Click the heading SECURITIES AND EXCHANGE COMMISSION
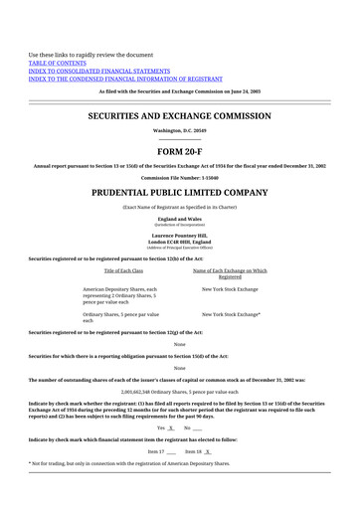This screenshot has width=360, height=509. tap(180, 116)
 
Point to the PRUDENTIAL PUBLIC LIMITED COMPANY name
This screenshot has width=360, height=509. tap(180, 190)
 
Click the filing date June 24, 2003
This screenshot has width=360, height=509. tap(245, 91)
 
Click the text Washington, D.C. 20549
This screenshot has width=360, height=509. tap(180, 130)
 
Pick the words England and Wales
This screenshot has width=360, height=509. tap(180, 218)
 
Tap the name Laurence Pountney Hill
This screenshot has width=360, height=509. tap(180, 236)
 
